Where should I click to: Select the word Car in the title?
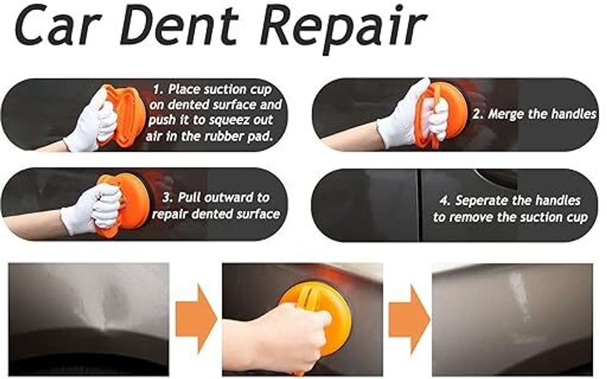pyautogui.click(x=59, y=27)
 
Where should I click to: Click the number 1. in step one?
pyautogui.click(x=159, y=90)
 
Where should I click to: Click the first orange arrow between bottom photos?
pyautogui.click(x=196, y=319)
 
